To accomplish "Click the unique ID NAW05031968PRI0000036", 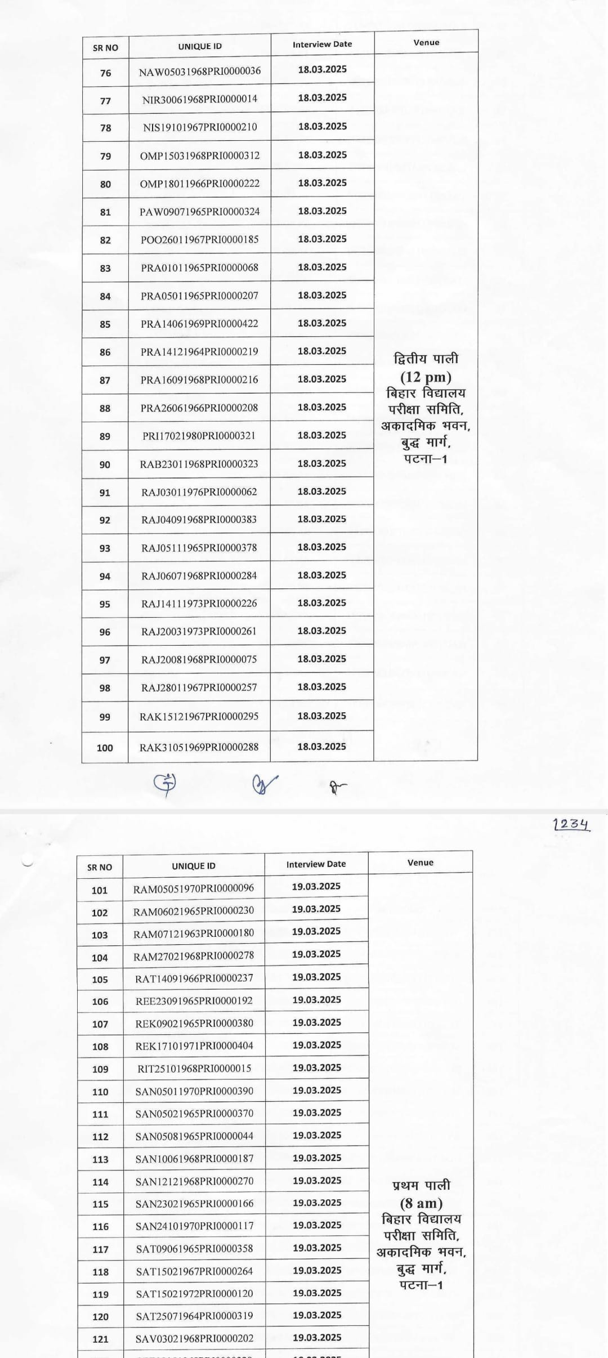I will [199, 72].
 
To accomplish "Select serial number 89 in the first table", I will [105, 436].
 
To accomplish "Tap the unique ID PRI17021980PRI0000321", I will [199, 436].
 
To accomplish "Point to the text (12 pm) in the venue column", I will [426, 377].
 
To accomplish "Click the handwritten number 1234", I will [571, 824].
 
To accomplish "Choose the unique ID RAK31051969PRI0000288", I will [199, 747].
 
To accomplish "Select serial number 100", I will [105, 748].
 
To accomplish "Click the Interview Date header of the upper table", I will [322, 44].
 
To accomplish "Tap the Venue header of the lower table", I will [420, 863].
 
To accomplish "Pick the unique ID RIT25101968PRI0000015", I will [194, 1069].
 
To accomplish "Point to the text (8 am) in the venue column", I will [421, 1204].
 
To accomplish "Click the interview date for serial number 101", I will [316, 886].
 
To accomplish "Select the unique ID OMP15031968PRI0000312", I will [200, 155].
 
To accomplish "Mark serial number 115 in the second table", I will [100, 1204].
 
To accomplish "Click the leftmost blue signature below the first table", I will [165, 784].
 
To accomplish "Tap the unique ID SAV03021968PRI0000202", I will [194, 1338].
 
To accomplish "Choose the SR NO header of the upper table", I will [105, 48].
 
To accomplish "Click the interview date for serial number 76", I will [322, 69].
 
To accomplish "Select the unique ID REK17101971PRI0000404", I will [194, 1046].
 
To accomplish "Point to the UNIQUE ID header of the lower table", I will [193, 866].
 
